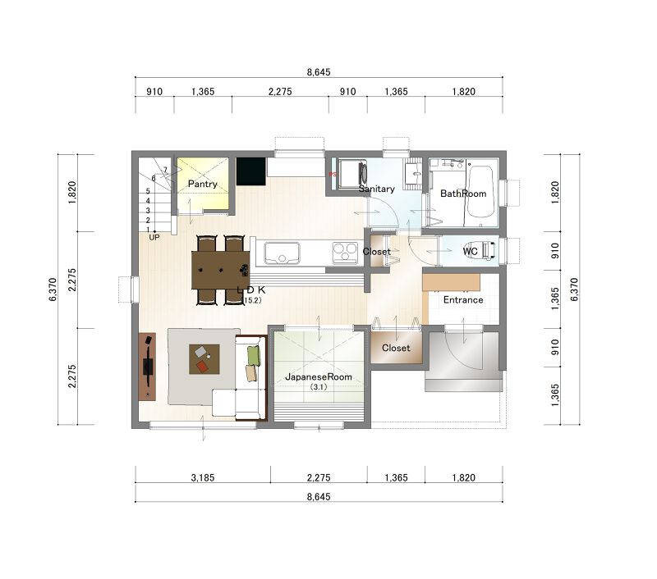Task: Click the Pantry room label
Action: pos(202,184)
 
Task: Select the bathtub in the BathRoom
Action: pos(480,192)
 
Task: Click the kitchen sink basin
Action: pos(282,253)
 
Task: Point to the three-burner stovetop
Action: pos(345,253)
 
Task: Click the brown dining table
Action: pos(220,270)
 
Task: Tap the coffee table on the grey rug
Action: pos(204,359)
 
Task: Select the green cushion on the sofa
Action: pos(254,355)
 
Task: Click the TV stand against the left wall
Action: pos(147,367)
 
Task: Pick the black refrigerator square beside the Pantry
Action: pos(251,171)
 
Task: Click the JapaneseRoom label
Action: pos(319,377)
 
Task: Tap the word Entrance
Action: pos(463,300)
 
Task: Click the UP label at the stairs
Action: pos(154,237)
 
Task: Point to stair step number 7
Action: pos(165,170)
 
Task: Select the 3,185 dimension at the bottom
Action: pos(203,477)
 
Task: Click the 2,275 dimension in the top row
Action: pos(280,91)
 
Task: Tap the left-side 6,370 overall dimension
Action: pos(53,289)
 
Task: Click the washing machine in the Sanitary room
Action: pos(352,172)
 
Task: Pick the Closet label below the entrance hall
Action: pos(396,348)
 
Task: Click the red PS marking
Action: pos(333,174)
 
